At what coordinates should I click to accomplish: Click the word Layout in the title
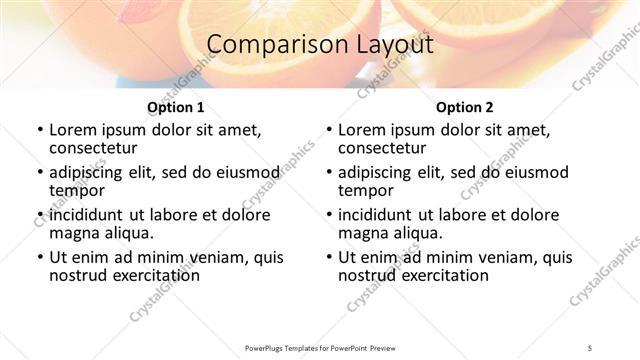coord(396,45)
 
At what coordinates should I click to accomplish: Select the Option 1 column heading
coord(176,106)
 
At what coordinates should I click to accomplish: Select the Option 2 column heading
coord(465,106)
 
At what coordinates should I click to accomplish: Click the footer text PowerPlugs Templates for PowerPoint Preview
coord(320,347)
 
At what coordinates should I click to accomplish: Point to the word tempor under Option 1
coord(76,190)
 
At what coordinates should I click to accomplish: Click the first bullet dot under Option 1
coord(39,130)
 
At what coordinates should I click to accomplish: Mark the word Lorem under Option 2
coord(362,129)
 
